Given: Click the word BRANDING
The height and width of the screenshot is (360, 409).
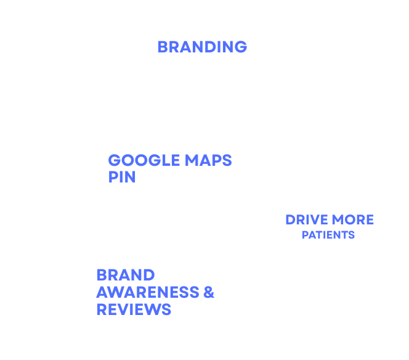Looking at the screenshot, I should pyautogui.click(x=202, y=47).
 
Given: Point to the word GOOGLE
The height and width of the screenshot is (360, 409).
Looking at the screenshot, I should pyautogui.click(x=136, y=161).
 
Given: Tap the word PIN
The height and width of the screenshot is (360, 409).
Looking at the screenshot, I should pyautogui.click(x=122, y=177).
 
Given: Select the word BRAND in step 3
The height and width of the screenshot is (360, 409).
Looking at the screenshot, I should pyautogui.click(x=125, y=275).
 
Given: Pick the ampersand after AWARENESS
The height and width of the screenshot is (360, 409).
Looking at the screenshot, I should pyautogui.click(x=208, y=292).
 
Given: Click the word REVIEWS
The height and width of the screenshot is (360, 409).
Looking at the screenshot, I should pyautogui.click(x=134, y=309).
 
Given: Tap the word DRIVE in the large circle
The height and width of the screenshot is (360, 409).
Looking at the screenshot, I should pyautogui.click(x=306, y=220).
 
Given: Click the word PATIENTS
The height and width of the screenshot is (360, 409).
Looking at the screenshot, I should pyautogui.click(x=328, y=235).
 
